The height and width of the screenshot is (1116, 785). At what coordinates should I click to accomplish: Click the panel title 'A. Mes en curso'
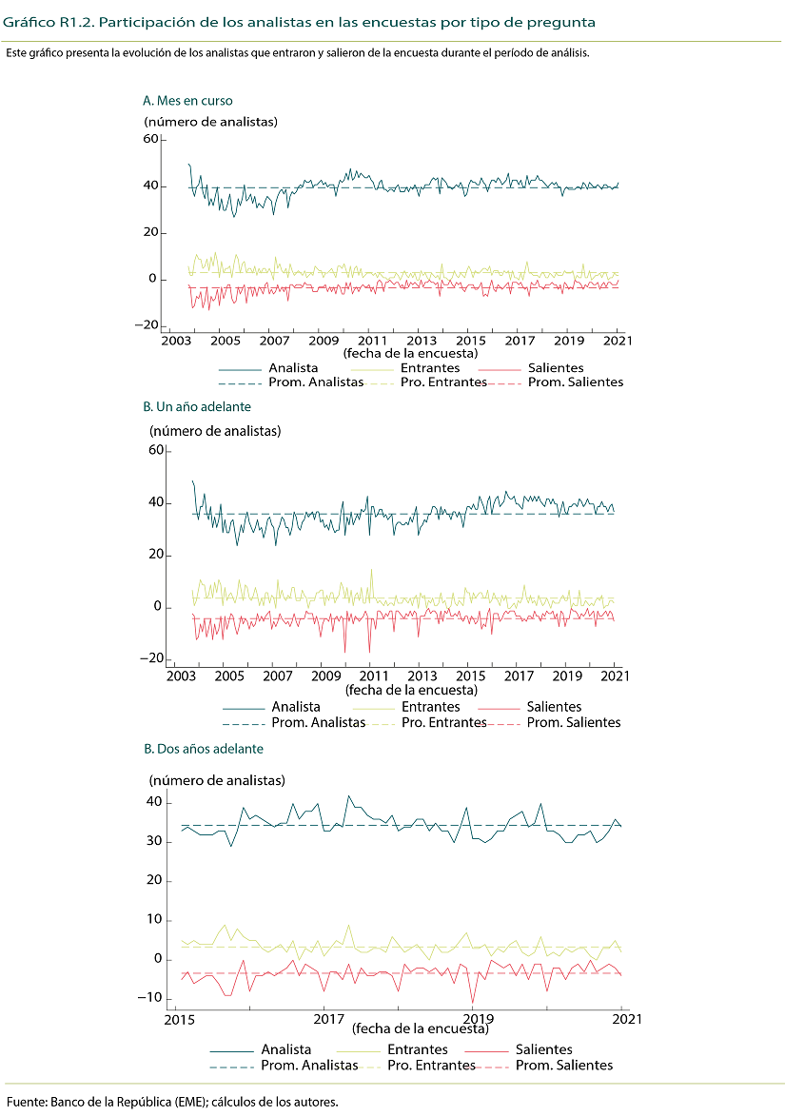pyautogui.click(x=187, y=100)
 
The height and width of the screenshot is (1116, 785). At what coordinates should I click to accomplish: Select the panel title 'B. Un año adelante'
pyautogui.click(x=197, y=406)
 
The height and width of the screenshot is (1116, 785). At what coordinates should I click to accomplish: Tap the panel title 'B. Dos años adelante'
pyautogui.click(x=203, y=749)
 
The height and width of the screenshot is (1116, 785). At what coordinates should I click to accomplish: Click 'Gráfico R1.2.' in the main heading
pyautogui.click(x=36, y=20)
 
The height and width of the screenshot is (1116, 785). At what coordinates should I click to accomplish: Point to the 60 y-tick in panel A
pyautogui.click(x=150, y=139)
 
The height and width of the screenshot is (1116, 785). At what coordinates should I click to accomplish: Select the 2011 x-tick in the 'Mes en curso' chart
pyautogui.click(x=372, y=341)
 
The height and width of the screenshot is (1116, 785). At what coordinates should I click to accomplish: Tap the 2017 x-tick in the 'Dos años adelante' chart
pyautogui.click(x=326, y=1018)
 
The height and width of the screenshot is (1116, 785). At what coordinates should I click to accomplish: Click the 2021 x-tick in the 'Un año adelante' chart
pyautogui.click(x=617, y=676)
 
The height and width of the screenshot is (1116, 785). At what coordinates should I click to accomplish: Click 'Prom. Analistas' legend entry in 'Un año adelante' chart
pyautogui.click(x=319, y=722)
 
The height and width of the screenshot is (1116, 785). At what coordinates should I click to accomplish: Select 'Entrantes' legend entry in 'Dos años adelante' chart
pyautogui.click(x=418, y=1049)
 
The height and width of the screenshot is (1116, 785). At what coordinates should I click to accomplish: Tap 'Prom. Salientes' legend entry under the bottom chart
pyautogui.click(x=564, y=1066)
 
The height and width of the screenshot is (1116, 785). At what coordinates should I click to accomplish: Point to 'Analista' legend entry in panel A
pyautogui.click(x=294, y=368)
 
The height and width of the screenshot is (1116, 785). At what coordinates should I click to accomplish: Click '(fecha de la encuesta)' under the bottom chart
pyautogui.click(x=420, y=1028)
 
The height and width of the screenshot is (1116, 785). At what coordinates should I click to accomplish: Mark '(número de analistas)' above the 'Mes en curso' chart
pyautogui.click(x=211, y=121)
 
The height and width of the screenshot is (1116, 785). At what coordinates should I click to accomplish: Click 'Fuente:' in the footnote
pyautogui.click(x=27, y=1102)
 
